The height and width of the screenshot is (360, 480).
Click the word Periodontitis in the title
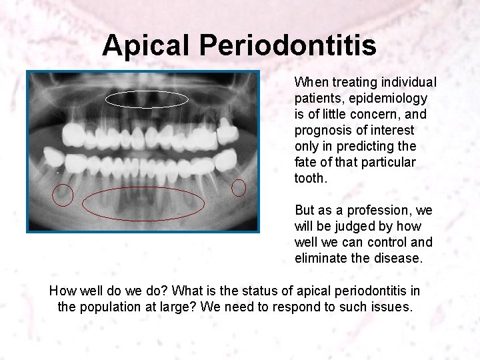point(287,46)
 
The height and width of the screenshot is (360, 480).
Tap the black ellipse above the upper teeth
point(147,99)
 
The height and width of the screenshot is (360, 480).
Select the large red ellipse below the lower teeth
point(143,203)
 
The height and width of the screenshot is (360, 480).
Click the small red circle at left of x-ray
point(63,195)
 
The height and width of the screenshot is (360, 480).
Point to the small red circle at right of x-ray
point(239,188)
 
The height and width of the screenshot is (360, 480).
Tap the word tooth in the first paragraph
point(311,179)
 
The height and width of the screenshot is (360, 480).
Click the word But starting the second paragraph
point(305,210)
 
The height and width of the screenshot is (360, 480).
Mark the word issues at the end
point(394,307)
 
